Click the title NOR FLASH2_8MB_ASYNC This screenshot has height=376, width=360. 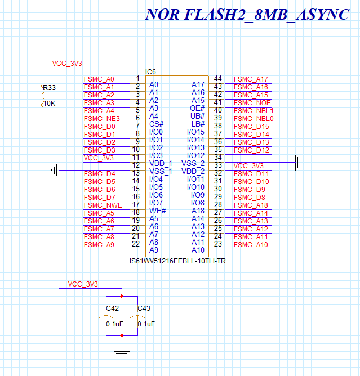click(x=247, y=15)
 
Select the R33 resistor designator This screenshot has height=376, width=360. click(x=49, y=87)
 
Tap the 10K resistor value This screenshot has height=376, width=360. click(x=50, y=104)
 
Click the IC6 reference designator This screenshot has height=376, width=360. click(x=150, y=71)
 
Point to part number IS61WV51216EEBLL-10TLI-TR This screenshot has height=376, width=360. click(x=177, y=261)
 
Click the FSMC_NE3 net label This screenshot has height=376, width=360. click(x=102, y=118)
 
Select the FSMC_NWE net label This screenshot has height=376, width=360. click(x=103, y=205)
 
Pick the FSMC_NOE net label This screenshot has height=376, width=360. click(x=252, y=103)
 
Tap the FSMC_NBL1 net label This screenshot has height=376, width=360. click(x=254, y=111)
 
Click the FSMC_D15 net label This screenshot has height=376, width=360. click(x=251, y=127)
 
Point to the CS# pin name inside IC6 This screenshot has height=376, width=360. click(x=156, y=124)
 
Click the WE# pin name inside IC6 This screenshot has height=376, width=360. click(x=157, y=211)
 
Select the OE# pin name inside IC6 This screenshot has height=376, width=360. click(x=197, y=108)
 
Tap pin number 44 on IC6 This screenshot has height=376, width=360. click(x=217, y=78)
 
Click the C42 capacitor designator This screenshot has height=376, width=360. click(x=112, y=308)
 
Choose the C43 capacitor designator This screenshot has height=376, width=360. click(x=144, y=308)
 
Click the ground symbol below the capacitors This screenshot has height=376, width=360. click(x=122, y=355)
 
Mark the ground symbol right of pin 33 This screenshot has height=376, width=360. click(x=299, y=162)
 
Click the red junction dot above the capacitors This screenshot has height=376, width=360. click(x=122, y=296)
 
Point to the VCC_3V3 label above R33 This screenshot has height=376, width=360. click(x=67, y=64)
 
